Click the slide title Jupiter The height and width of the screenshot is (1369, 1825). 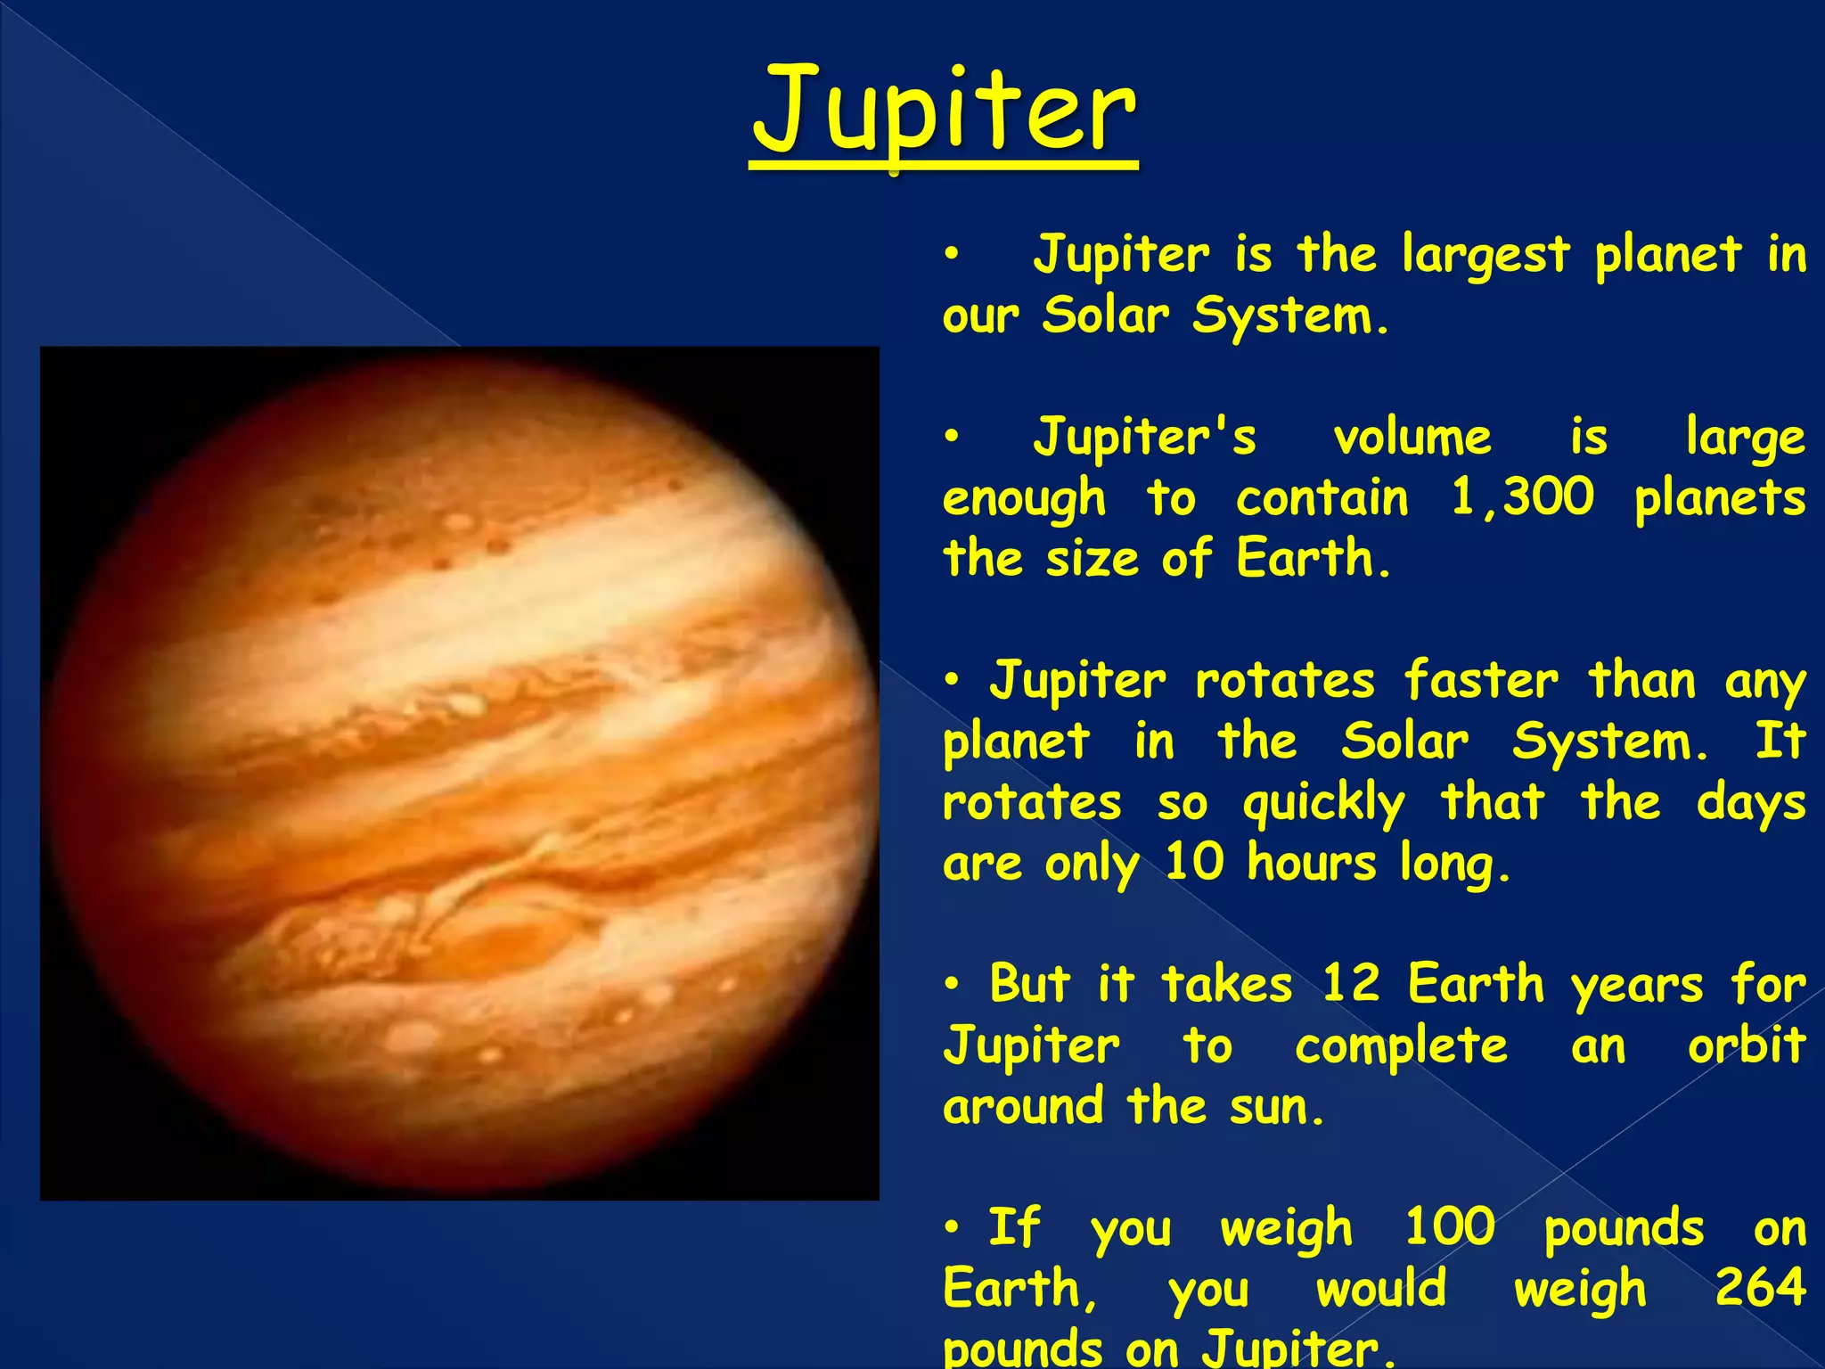[x=944, y=111]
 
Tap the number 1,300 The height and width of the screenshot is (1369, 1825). [x=1522, y=496]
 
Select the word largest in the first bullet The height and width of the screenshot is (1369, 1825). [x=1485, y=256]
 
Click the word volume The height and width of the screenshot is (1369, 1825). [x=1412, y=438]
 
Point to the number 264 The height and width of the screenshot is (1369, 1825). [x=1760, y=1286]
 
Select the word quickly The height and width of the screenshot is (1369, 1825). [x=1324, y=803]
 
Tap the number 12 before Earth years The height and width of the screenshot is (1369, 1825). [x=1351, y=984]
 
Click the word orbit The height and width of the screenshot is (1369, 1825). [x=1747, y=1045]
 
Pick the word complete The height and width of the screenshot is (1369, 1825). [x=1401, y=1046]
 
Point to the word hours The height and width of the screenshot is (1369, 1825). [x=1312, y=863]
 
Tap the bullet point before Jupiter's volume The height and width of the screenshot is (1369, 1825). [x=953, y=437]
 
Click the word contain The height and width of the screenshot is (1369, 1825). [x=1322, y=497]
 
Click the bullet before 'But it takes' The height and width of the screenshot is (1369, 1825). [x=953, y=984]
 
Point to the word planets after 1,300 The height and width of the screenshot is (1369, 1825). [x=1720, y=498]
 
